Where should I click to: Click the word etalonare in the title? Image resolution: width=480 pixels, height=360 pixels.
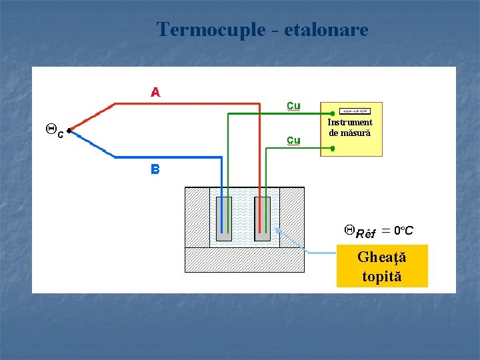pyautogui.click(x=326, y=30)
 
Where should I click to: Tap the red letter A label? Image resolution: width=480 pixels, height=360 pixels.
pyautogui.click(x=155, y=92)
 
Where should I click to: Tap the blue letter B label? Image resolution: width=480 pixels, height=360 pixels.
pyautogui.click(x=155, y=169)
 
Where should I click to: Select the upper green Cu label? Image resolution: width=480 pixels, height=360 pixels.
pyautogui.click(x=293, y=105)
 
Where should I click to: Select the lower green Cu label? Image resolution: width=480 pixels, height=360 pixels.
pyautogui.click(x=293, y=140)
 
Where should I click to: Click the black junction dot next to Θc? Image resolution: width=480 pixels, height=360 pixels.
pyautogui.click(x=69, y=131)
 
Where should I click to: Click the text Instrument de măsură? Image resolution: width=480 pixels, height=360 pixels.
pyautogui.click(x=350, y=128)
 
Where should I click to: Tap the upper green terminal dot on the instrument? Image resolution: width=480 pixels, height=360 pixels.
pyautogui.click(x=333, y=113)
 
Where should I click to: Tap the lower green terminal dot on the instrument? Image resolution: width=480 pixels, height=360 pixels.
pyautogui.click(x=333, y=148)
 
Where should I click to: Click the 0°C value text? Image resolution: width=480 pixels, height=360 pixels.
pyautogui.click(x=403, y=231)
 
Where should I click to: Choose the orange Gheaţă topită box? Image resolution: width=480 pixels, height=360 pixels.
pyautogui.click(x=382, y=266)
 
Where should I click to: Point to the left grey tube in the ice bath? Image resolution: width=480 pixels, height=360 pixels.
pyautogui.click(x=224, y=219)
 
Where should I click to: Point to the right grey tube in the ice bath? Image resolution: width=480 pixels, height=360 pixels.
pyautogui.click(x=263, y=219)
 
